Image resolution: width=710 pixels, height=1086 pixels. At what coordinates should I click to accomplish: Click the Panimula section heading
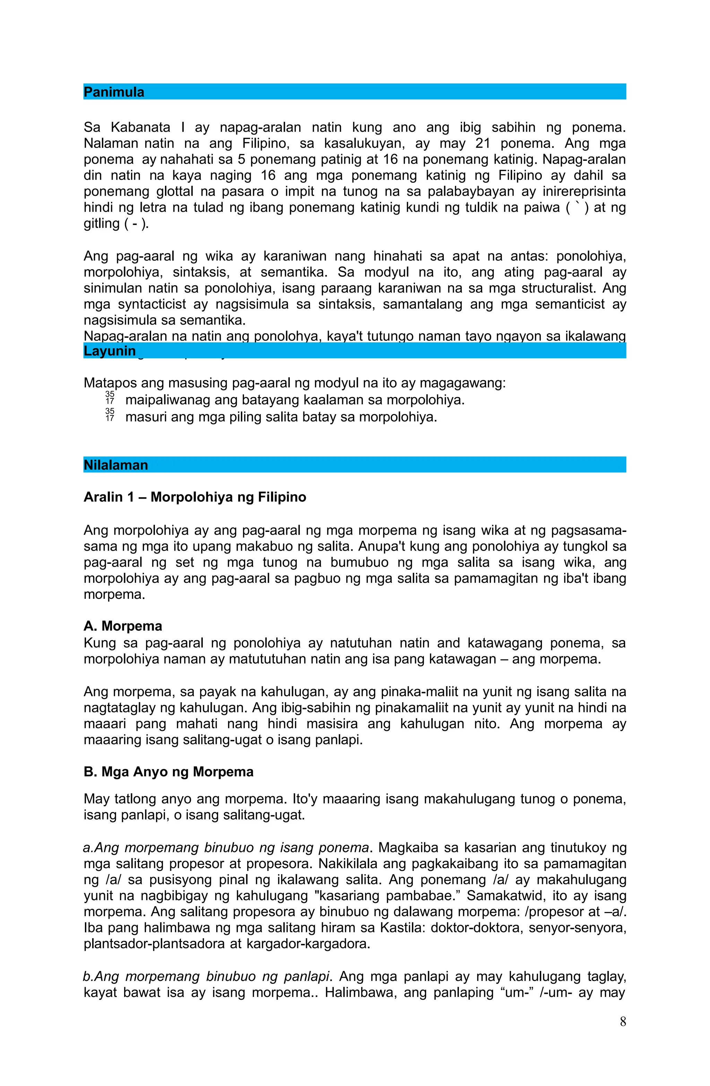114,92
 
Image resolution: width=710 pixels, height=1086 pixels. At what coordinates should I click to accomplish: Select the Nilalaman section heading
116,465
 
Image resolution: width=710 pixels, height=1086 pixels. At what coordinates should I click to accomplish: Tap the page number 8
623,1034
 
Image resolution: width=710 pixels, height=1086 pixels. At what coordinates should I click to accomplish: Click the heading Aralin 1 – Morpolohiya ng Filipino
194,497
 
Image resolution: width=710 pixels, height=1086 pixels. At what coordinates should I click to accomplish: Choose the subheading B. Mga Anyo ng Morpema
168,772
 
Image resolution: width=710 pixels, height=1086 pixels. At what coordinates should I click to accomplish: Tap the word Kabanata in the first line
140,128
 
